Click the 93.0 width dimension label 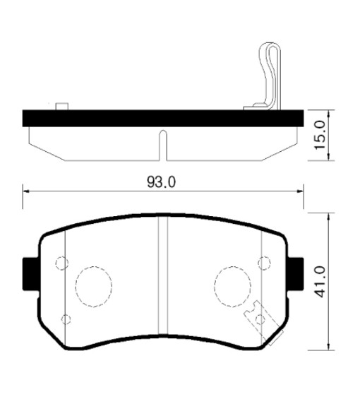pyautogui.click(x=161, y=182)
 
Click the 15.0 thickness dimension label pyautogui.click(x=320, y=135)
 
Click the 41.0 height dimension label pyautogui.click(x=320, y=282)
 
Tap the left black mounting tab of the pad pyautogui.click(x=31, y=274)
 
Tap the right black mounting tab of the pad pyautogui.click(x=296, y=274)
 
